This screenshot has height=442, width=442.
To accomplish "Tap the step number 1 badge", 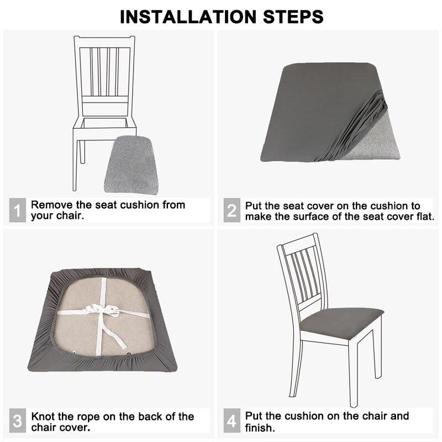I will point(17,211).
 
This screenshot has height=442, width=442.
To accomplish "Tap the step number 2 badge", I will point(231,211).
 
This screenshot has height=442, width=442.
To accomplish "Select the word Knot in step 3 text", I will point(43,417).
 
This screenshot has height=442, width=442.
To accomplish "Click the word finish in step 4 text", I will point(259,428).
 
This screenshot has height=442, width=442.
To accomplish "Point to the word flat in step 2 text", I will point(424,217).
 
